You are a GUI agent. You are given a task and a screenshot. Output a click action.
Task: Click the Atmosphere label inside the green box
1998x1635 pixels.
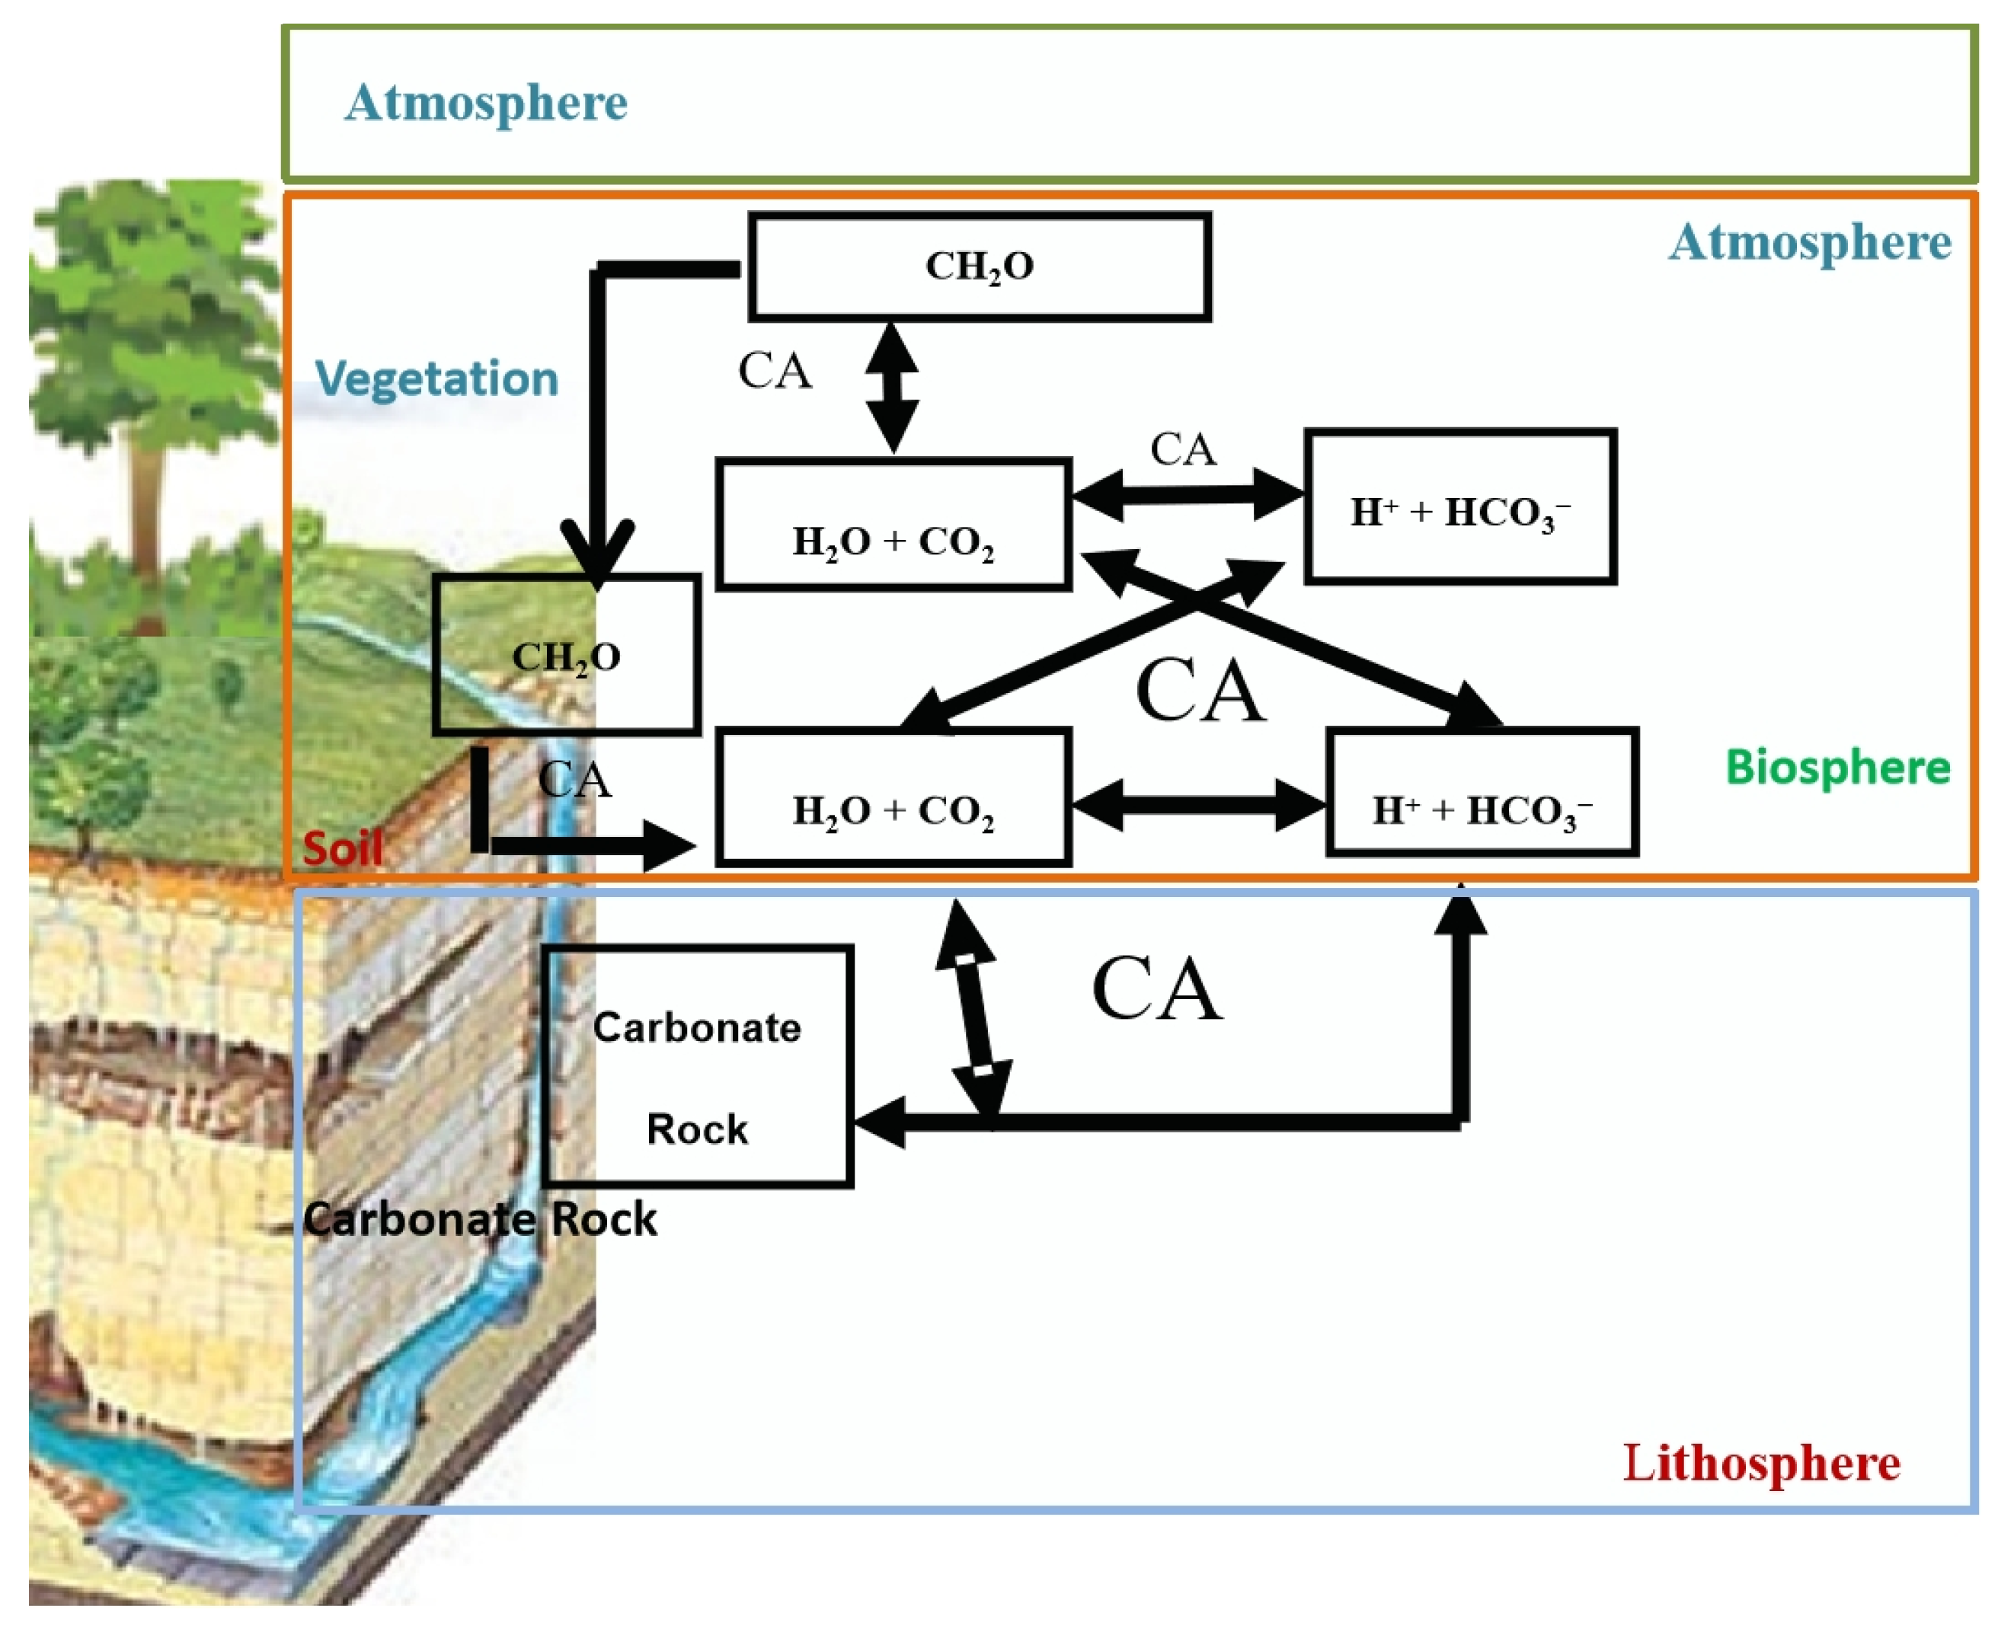(485, 103)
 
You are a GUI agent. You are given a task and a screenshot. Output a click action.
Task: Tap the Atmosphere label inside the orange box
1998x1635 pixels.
(1808, 243)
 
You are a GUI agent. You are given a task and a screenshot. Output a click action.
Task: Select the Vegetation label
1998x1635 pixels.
(436, 378)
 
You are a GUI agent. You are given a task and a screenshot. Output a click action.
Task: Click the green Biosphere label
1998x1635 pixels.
(1837, 768)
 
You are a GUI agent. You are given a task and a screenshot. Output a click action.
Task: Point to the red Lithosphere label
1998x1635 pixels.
(1760, 1463)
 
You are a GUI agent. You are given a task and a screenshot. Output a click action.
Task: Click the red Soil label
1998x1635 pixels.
(342, 848)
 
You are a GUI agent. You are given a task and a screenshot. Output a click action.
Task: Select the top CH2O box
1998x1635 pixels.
(980, 267)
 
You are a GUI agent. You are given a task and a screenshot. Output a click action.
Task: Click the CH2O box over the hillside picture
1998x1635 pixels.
(566, 656)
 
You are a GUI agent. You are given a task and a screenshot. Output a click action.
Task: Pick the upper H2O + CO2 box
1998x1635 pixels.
(893, 525)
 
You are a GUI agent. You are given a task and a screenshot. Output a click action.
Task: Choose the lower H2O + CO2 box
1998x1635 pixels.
(893, 797)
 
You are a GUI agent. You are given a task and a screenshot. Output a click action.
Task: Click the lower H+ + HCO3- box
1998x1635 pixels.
(1482, 793)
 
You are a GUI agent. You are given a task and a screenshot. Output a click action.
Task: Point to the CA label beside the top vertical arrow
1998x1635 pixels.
(775, 371)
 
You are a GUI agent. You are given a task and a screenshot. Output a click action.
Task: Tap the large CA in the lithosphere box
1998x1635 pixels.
(1157, 989)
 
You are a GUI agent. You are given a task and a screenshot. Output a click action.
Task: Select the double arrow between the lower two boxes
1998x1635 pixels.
(1197, 805)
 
